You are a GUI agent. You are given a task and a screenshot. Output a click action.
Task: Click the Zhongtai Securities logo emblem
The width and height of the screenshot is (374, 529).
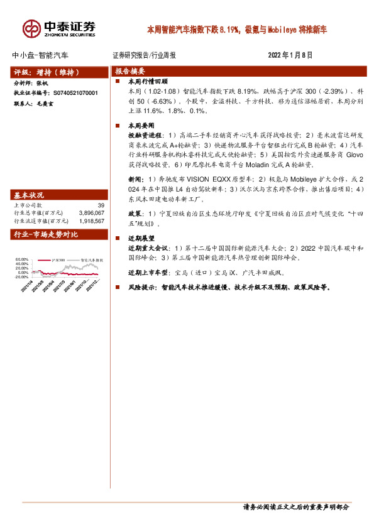pos(31,28)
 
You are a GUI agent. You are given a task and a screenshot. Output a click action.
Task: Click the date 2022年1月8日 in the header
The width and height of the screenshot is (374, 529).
pos(291,55)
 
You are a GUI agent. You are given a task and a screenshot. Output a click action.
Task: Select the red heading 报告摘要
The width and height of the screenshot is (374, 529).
pos(130,71)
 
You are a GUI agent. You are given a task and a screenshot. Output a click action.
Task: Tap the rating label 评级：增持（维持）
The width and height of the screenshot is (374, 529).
pos(45,71)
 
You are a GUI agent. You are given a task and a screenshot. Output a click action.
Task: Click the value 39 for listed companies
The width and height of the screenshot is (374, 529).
pos(101,205)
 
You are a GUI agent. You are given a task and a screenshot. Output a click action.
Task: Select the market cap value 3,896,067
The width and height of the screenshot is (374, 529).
pos(90,213)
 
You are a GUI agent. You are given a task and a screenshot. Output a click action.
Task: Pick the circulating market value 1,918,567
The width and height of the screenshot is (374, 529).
pos(90,221)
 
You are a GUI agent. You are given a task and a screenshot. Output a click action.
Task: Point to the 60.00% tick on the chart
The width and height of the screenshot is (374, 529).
pos(21,259)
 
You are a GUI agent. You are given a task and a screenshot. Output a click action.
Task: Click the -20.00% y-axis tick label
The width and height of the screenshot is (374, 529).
pos(21,276)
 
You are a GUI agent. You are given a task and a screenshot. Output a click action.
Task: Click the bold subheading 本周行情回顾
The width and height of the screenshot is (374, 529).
pos(148,81)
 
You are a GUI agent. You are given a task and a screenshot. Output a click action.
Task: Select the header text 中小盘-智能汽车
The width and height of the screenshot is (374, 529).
pos(41,55)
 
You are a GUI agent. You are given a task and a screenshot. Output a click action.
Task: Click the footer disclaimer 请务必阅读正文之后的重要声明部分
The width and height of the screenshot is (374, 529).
pos(295,506)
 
